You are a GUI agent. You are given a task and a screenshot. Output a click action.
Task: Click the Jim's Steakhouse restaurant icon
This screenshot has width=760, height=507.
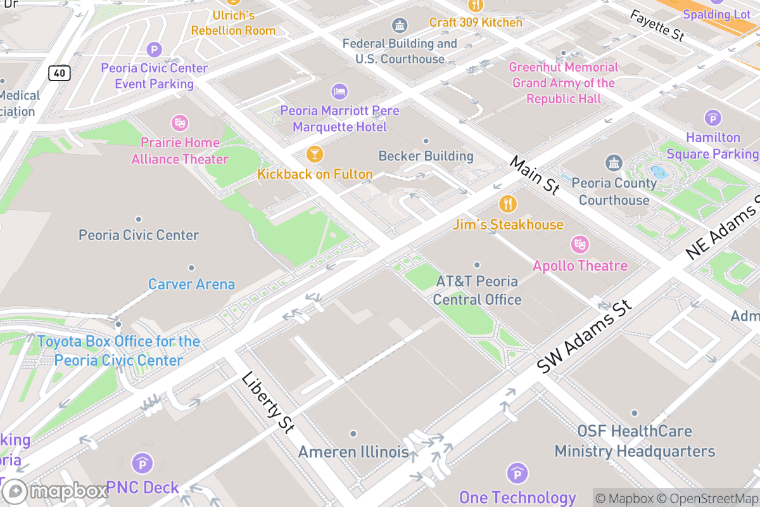pyautogui.click(x=508, y=204)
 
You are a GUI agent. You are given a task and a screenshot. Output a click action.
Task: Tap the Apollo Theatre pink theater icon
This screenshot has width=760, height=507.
pyautogui.click(x=579, y=244)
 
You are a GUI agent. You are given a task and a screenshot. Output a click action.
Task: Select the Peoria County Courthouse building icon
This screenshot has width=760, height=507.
pyautogui.click(x=614, y=164)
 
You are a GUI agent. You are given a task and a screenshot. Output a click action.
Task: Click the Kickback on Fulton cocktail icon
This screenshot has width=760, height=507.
pyautogui.click(x=314, y=154)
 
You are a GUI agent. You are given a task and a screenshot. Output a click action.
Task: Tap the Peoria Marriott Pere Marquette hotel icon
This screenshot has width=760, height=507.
pyautogui.click(x=339, y=91)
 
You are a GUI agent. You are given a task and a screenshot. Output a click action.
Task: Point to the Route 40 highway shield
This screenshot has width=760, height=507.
pyautogui.click(x=59, y=73)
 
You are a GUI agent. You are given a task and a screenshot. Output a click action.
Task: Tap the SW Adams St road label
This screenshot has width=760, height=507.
pyautogui.click(x=584, y=337)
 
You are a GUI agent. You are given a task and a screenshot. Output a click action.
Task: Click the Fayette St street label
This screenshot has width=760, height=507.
pyautogui.click(x=657, y=26)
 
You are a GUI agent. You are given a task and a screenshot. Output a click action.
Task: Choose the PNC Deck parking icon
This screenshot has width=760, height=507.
pyautogui.click(x=142, y=463)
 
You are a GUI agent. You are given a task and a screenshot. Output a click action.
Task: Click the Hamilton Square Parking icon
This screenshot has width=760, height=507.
pyautogui.click(x=713, y=118)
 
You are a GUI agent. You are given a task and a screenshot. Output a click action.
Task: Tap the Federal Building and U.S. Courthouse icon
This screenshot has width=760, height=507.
pyautogui.click(x=400, y=25)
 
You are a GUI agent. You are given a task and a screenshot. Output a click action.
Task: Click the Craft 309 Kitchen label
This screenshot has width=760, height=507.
pyautogui.click(x=476, y=22)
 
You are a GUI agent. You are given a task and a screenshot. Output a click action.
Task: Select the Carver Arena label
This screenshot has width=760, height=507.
pyautogui.click(x=191, y=284)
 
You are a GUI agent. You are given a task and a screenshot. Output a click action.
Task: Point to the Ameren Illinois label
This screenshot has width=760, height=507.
pyautogui.click(x=353, y=452)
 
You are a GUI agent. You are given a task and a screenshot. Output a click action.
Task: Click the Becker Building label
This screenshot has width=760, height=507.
pyautogui.click(x=426, y=156)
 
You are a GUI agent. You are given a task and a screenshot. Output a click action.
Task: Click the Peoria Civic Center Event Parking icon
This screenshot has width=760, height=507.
pyautogui.click(x=155, y=49)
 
